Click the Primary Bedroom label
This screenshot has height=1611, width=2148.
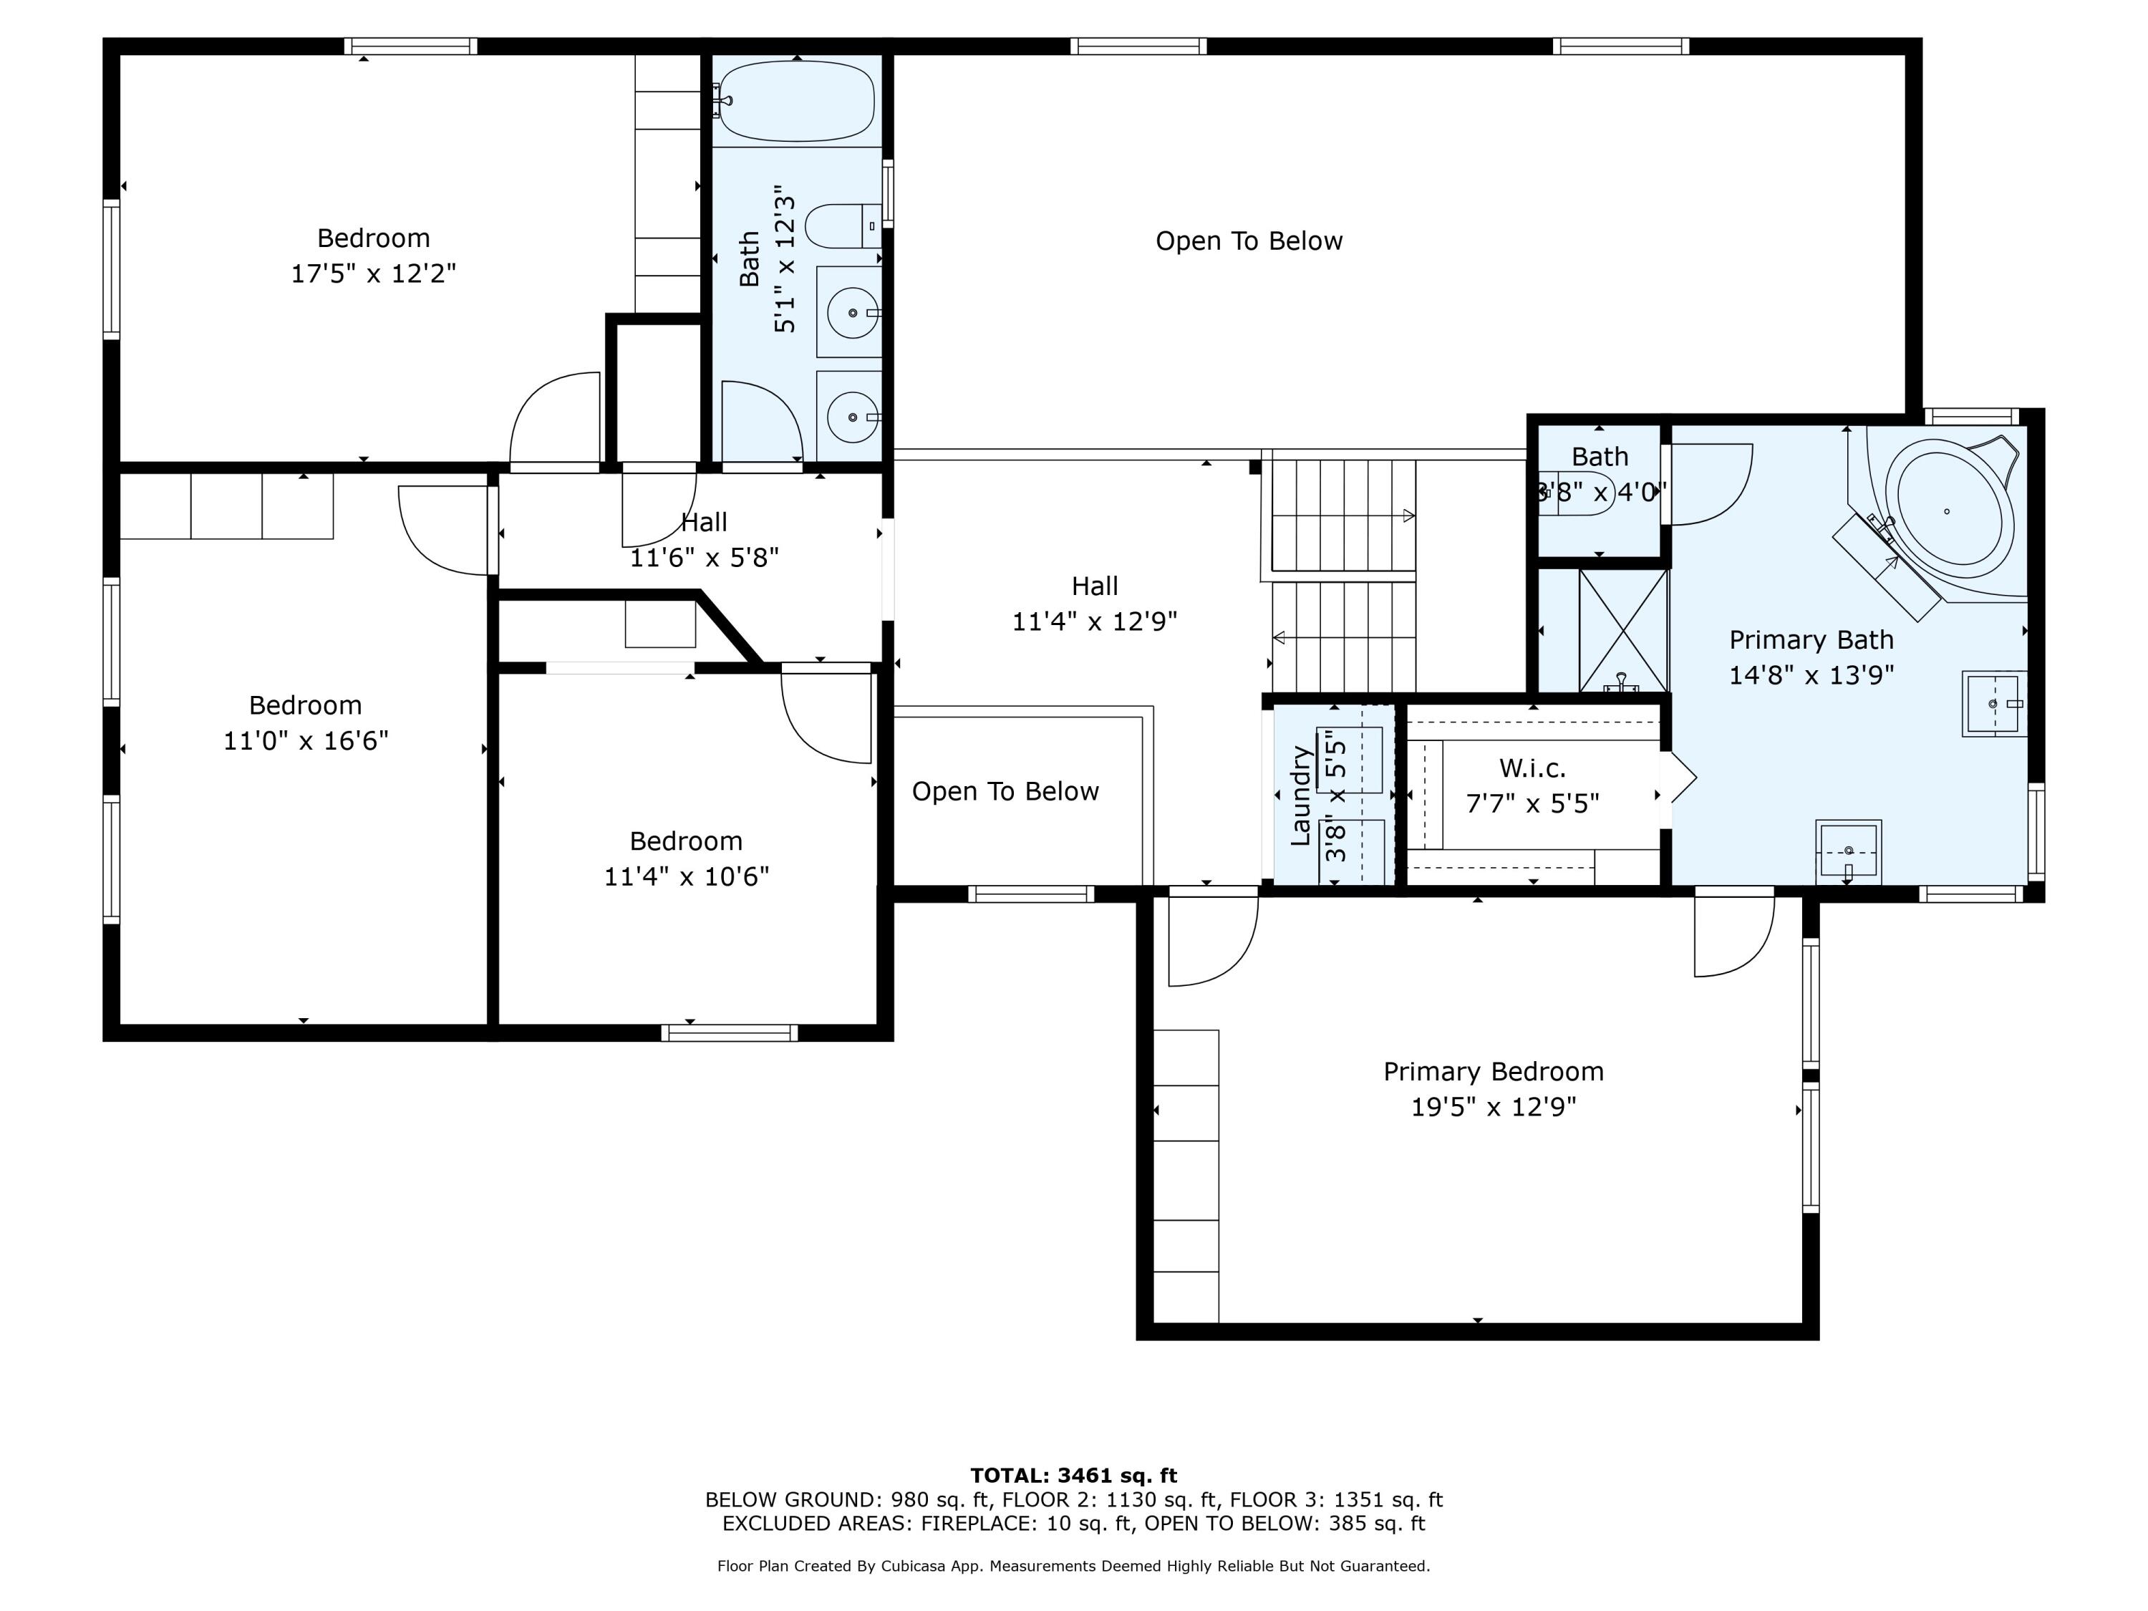(1494, 1071)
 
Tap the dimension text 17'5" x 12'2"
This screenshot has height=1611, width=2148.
(374, 273)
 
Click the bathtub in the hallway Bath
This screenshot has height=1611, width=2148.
(796, 101)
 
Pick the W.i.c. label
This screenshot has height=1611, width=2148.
(1532, 768)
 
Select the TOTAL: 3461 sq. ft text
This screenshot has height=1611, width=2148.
(1074, 1476)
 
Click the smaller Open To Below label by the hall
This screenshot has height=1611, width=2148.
(1005, 791)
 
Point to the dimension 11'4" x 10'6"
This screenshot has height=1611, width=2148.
(687, 876)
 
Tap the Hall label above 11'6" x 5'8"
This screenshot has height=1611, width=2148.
(704, 523)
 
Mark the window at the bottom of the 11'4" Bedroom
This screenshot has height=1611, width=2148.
(730, 1033)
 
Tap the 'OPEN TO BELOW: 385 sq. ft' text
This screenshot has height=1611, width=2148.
(1285, 1524)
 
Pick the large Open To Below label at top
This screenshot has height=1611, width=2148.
(1249, 241)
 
